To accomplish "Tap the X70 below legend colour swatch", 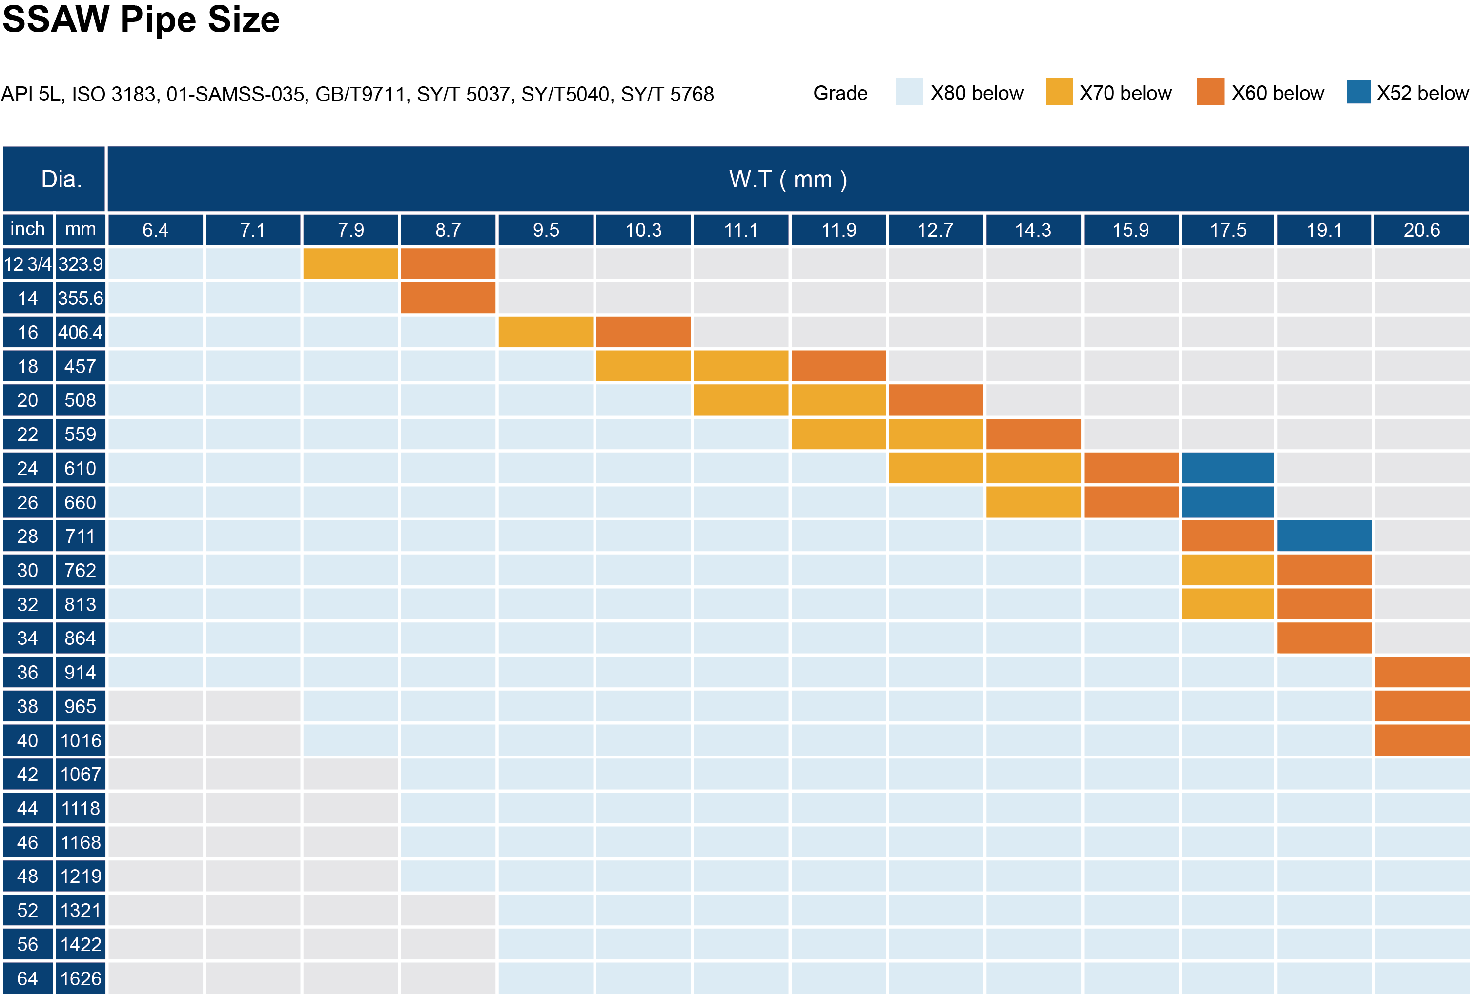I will pos(1059,93).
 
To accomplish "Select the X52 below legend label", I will pos(1422,93).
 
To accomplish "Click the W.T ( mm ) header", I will pos(788,179).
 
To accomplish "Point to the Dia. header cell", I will pos(61,179).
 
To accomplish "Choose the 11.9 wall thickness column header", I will pos(839,230).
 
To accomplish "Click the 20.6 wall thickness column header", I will pos(1421,230).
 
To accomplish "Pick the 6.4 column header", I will pos(156,230).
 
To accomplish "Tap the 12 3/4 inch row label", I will pos(27,264).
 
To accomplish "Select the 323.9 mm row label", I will pos(80,264).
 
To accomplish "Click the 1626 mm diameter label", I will pos(80,978).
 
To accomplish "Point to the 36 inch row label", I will pos(27,672).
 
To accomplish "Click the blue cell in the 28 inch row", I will pos(1324,536).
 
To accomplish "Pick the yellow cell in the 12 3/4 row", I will pos(350,264).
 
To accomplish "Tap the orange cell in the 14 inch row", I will pos(448,298).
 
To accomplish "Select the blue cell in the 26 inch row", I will pos(1228,502).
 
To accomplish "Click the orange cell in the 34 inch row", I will pos(1324,638).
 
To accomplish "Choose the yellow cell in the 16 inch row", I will pos(546,332).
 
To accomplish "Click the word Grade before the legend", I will pos(840,93).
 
